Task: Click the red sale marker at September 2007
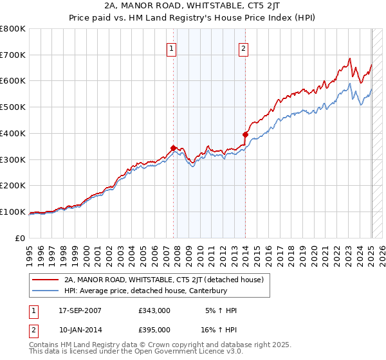pyautogui.click(x=173, y=148)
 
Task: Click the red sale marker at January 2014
pyautogui.click(x=245, y=134)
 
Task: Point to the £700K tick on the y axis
pyautogui.click(x=14, y=55)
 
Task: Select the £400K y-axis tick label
pyautogui.click(x=14, y=134)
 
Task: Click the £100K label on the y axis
pyautogui.click(x=14, y=212)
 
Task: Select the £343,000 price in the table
pyautogui.click(x=154, y=310)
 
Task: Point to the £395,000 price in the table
pyautogui.click(x=154, y=329)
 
